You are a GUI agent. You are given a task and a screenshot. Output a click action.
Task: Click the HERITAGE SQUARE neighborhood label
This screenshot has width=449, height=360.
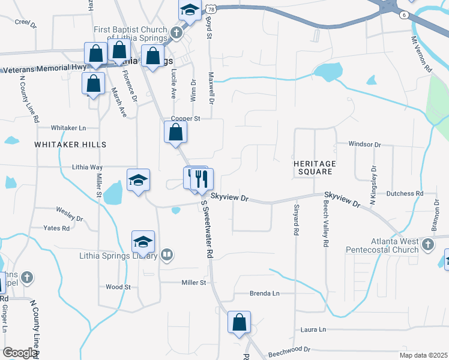click(x=315, y=167)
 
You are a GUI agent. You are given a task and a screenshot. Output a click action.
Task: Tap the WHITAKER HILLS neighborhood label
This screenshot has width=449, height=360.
click(x=70, y=145)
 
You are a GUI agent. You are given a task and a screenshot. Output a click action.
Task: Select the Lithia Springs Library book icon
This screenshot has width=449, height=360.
click(x=167, y=255)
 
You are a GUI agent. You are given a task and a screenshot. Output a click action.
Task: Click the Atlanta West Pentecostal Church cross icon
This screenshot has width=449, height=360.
click(x=427, y=244)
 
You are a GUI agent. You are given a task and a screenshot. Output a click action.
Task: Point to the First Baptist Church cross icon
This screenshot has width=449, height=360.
click(x=176, y=34)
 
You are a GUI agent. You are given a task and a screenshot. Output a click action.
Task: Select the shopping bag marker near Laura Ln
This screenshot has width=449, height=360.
click(x=239, y=322)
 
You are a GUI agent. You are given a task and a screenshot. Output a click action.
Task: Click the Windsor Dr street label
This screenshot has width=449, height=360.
click(x=365, y=145)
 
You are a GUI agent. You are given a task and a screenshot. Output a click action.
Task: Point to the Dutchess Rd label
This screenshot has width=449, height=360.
click(x=405, y=193)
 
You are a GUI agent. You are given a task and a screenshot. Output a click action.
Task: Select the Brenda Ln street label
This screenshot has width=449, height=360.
click(x=265, y=293)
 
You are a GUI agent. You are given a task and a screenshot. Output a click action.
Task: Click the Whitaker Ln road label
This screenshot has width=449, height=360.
click(x=68, y=128)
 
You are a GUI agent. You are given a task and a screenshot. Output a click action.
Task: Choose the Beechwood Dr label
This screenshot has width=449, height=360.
click(x=289, y=349)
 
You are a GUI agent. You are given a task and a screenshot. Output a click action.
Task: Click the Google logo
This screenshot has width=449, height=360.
click(x=19, y=353)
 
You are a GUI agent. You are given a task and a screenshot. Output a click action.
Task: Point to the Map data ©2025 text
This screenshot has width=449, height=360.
click(x=423, y=355)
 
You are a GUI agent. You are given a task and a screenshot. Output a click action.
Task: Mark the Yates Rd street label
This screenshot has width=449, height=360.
click(x=56, y=228)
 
